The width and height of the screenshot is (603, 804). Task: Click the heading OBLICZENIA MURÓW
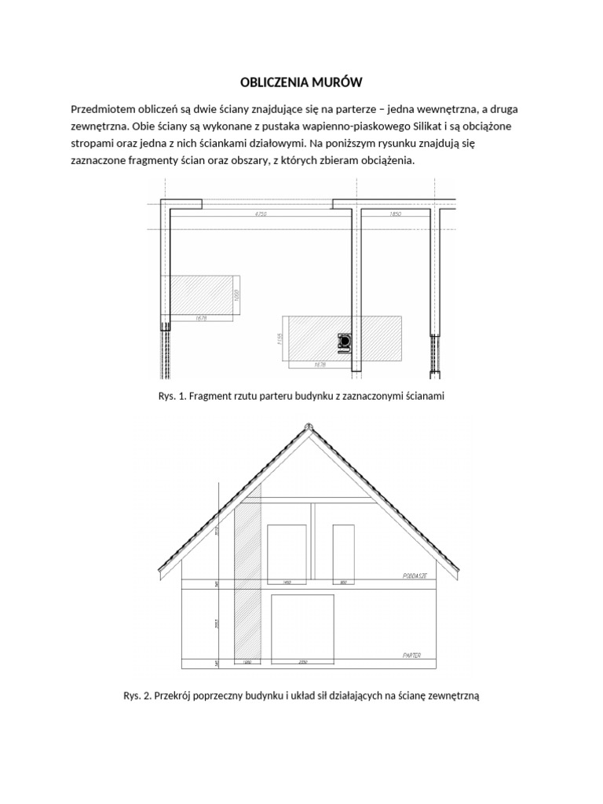click(301, 82)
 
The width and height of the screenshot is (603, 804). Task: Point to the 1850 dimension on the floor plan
click(397, 214)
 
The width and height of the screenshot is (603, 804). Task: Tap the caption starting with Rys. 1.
click(301, 397)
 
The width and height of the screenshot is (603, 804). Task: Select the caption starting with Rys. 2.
click(301, 695)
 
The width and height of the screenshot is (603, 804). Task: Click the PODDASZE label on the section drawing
click(414, 576)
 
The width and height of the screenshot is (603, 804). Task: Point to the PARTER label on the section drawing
click(411, 654)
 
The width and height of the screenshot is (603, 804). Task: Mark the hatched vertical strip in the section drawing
click(247, 581)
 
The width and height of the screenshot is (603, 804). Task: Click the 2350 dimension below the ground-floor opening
click(302, 664)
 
